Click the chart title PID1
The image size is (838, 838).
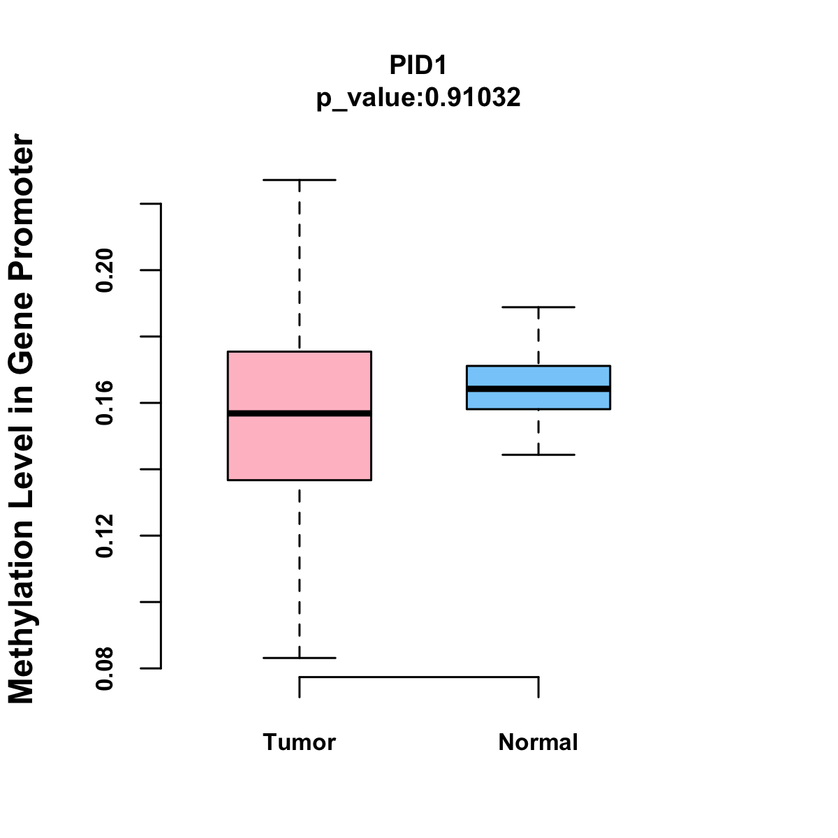click(418, 65)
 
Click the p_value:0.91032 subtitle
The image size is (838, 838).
click(418, 98)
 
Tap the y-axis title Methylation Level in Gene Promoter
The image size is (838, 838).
click(22, 419)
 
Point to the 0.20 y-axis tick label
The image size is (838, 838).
click(105, 270)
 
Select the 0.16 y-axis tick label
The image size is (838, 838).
click(105, 403)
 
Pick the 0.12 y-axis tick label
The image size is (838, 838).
click(105, 536)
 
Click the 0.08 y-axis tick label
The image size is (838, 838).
click(105, 668)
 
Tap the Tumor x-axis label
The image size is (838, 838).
click(299, 742)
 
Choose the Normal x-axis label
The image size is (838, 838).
click(538, 742)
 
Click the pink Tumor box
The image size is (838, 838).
click(299, 447)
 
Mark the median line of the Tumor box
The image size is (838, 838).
click(299, 413)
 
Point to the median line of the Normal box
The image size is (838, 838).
click(538, 388)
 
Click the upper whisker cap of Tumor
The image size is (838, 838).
click(299, 180)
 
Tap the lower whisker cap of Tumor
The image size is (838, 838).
click(299, 658)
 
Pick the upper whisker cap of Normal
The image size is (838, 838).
click(538, 307)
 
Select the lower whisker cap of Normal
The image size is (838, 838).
click(538, 455)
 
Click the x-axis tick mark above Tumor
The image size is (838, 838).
click(299, 687)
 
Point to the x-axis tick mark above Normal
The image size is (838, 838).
click(538, 687)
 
